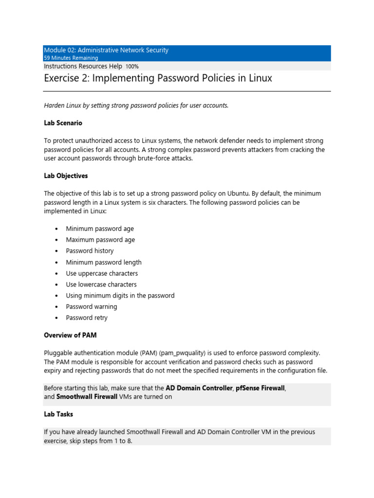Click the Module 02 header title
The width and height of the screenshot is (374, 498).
(106, 50)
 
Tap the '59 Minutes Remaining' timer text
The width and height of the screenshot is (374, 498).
(71, 58)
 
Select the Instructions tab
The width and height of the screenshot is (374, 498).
(61, 66)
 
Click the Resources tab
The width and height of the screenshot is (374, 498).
(93, 66)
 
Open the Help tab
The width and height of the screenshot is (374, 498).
(116, 66)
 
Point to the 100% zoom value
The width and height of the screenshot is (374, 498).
(132, 66)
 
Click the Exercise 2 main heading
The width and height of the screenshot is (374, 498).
(158, 78)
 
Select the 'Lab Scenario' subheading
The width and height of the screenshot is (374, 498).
(63, 124)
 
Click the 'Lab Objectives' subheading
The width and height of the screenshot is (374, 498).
(66, 176)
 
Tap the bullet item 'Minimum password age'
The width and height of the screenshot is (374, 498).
(100, 229)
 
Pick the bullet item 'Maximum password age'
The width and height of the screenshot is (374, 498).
(100, 240)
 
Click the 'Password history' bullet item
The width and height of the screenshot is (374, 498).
(90, 251)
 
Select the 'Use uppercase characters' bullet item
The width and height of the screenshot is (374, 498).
(102, 273)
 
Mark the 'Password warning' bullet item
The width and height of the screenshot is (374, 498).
(92, 307)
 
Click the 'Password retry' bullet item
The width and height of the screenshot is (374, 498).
(87, 318)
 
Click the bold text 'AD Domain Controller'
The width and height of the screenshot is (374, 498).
(199, 388)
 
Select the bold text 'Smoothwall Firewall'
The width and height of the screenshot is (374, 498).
(87, 397)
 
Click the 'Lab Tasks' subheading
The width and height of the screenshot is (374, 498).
(58, 414)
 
